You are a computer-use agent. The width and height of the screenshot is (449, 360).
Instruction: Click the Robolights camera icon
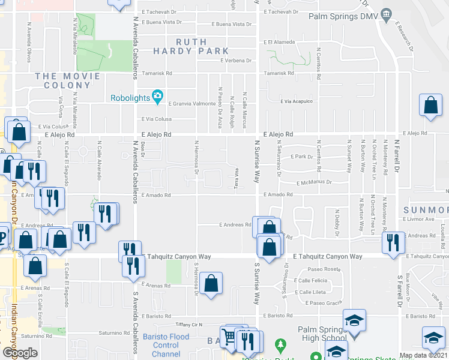(158, 95)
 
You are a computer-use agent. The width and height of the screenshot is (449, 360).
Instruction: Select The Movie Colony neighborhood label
(67, 80)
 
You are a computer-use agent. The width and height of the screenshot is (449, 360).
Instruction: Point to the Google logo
(20, 353)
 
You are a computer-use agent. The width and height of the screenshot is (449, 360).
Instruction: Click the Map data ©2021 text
(423, 355)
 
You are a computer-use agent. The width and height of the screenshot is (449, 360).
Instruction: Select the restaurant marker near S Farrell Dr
(393, 242)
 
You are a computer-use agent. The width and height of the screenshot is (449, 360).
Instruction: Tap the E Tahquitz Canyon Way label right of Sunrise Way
(328, 256)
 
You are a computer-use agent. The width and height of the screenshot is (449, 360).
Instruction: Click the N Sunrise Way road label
(257, 162)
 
